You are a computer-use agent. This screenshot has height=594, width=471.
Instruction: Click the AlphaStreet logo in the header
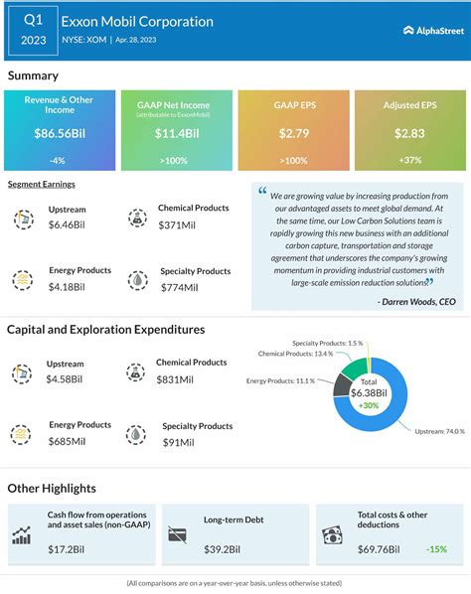[427, 30]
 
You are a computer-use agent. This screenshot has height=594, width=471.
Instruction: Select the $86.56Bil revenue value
[60, 133]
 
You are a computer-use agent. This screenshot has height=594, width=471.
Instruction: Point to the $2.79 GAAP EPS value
[294, 133]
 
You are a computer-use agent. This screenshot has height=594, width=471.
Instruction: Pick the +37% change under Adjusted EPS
[409, 161]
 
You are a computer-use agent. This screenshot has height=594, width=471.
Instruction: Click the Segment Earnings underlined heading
[42, 185]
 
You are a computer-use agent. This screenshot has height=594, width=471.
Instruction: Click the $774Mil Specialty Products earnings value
[180, 287]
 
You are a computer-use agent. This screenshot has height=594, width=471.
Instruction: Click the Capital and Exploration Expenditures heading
[106, 329]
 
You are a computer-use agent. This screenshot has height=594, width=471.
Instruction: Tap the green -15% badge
[435, 547]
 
